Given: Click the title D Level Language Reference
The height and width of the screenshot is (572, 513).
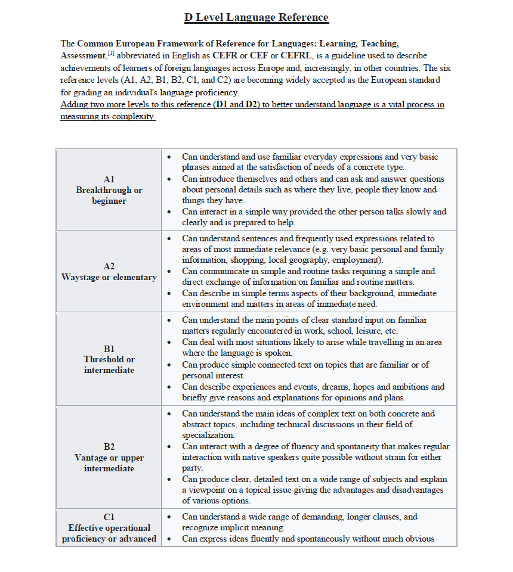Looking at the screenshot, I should [256, 17].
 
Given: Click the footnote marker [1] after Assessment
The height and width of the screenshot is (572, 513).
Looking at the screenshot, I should [110, 54].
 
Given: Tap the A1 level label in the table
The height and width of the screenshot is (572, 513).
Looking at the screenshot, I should [109, 179].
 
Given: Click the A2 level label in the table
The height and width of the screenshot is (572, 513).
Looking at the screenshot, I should [109, 266].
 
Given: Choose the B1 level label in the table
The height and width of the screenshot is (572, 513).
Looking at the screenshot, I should [109, 349].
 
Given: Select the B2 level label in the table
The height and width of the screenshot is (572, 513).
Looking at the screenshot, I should [109, 446].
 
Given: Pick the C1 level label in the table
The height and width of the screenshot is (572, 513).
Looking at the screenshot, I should [109, 517].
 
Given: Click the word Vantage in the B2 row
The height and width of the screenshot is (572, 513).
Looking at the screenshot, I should [91, 458].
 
